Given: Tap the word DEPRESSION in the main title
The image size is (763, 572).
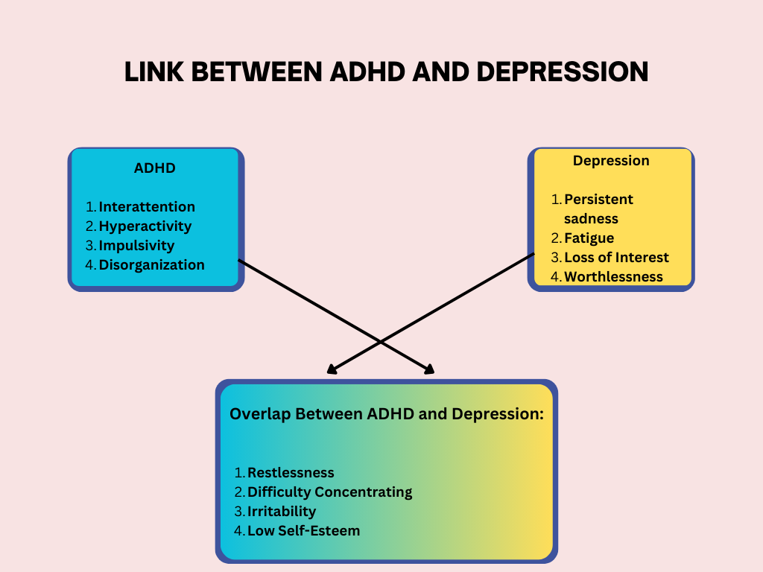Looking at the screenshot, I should (562, 71).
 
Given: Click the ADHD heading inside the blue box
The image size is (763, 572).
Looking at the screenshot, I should (155, 168).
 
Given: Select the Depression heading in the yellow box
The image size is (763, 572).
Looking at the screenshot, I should (611, 161).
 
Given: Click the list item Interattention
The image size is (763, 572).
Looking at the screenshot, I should (147, 206).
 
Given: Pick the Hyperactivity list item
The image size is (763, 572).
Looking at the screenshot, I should (145, 226).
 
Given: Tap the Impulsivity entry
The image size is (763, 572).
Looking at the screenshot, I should (136, 245).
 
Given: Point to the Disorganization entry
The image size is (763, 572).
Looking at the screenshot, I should (151, 264).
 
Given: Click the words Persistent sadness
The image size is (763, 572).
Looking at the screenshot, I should (598, 209).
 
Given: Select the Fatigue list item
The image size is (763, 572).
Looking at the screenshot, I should (589, 238).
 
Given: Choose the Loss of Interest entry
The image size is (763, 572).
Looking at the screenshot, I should (616, 257).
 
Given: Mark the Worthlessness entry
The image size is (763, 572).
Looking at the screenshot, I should (613, 276).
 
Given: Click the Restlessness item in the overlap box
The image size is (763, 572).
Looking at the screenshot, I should (291, 472).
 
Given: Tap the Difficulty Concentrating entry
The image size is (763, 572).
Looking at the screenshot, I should (329, 492).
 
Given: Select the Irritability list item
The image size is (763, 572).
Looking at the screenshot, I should (282, 511).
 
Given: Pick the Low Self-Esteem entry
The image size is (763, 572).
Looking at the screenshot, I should (303, 530).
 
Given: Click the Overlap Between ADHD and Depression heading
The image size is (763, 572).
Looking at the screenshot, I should (386, 414).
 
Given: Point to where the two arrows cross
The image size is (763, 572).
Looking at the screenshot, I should (381, 342).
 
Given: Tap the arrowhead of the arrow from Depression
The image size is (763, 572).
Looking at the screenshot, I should (332, 370).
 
